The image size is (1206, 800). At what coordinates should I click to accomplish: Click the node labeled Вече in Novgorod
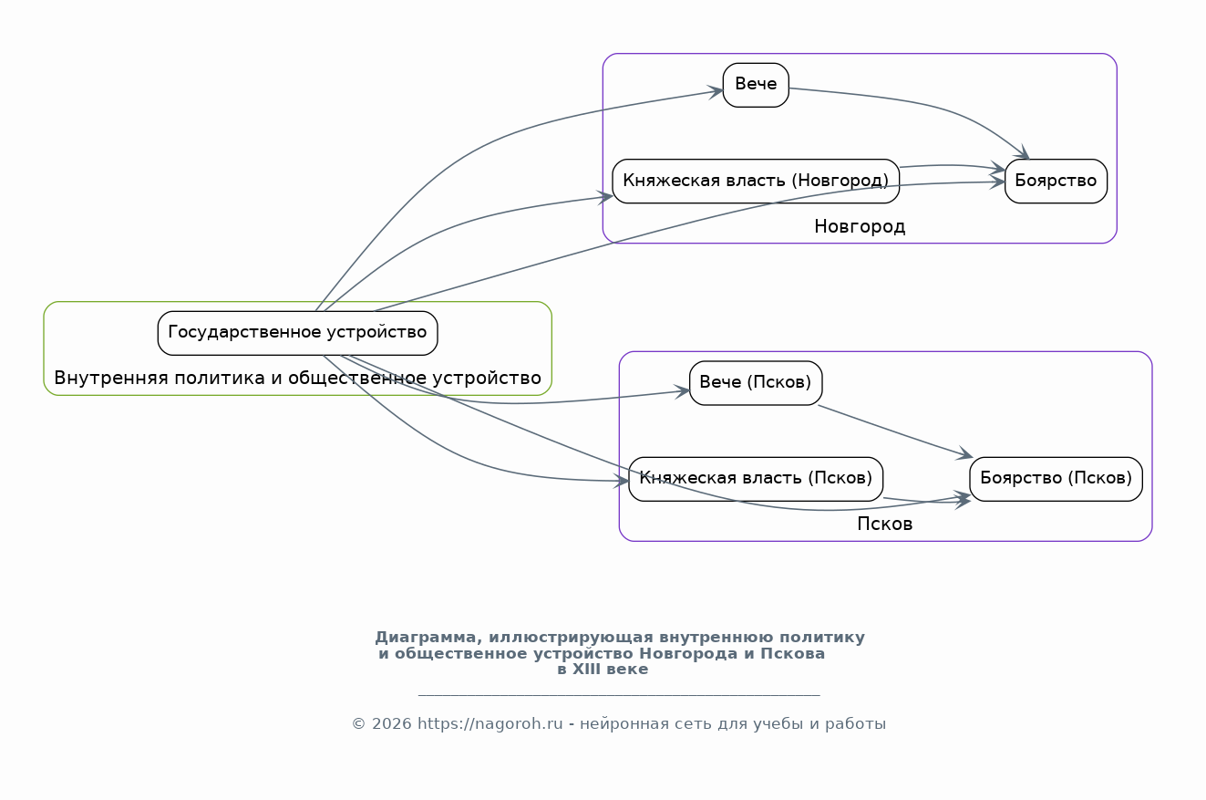756,85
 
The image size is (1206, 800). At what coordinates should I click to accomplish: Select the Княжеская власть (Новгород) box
756,181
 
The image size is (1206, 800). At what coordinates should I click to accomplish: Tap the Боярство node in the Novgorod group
1056,181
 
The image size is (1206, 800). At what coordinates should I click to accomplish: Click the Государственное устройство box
297,333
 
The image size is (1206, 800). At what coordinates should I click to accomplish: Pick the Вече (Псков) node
756,383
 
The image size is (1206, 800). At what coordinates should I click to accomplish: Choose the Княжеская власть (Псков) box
756,479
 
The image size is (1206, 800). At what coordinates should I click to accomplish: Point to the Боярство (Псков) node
1056,479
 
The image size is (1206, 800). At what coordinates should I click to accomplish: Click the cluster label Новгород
860,226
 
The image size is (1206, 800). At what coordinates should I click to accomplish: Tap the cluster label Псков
884,524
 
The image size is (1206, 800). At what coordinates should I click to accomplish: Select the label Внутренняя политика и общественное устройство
297,379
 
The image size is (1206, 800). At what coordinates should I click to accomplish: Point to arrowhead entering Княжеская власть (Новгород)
605,197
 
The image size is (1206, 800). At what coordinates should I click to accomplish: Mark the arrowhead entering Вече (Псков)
682,391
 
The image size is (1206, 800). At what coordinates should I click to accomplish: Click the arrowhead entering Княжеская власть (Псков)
622,481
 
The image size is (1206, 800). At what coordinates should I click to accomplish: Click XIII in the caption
584,670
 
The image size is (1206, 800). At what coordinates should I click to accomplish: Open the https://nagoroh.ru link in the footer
490,723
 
